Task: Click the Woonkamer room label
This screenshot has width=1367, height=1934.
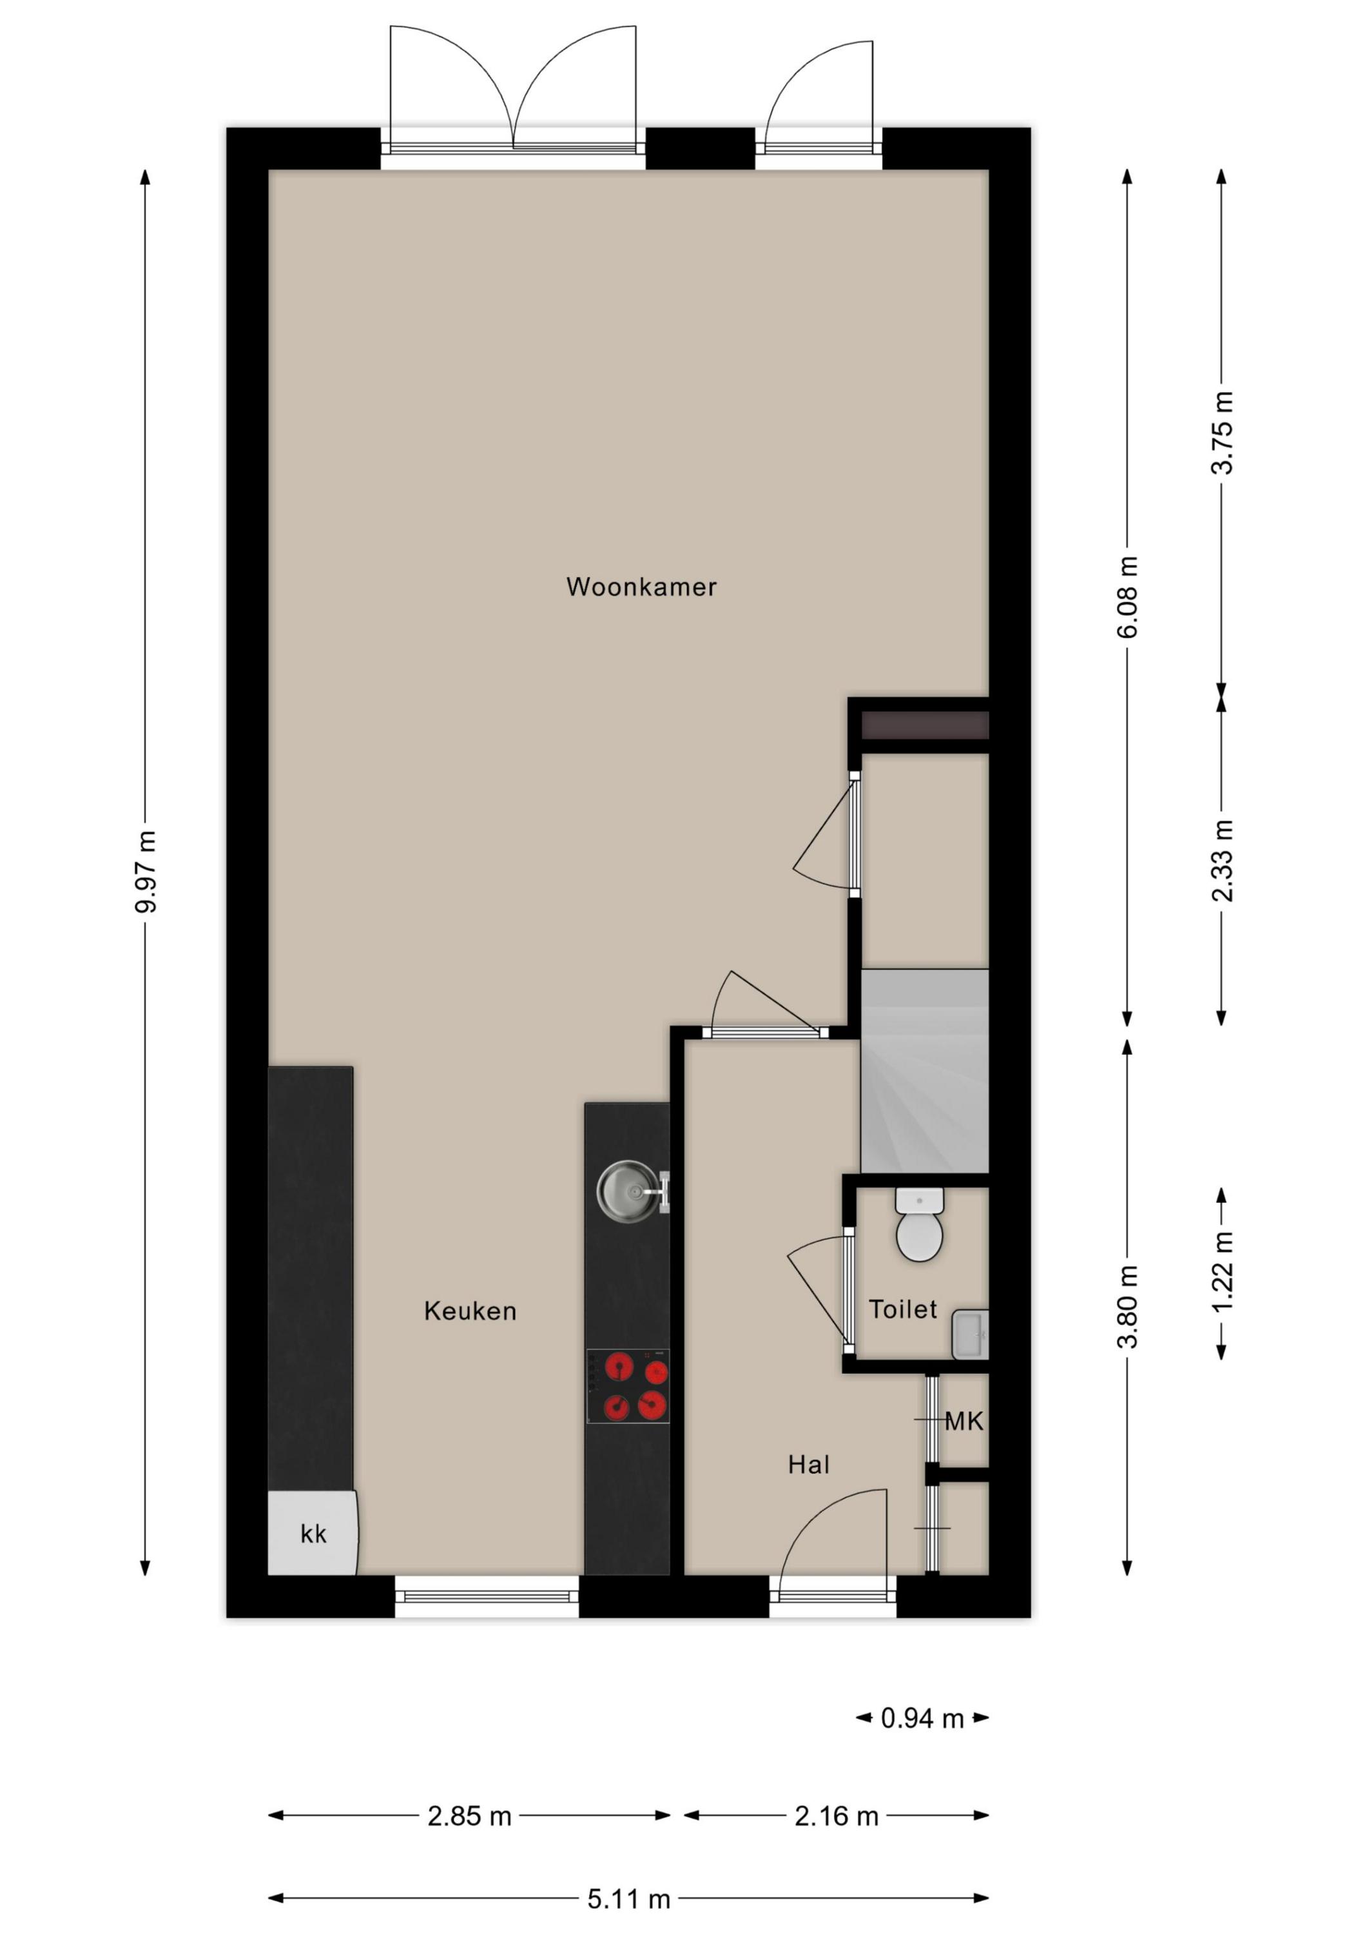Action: (641, 587)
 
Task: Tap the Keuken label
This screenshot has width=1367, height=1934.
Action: (470, 1311)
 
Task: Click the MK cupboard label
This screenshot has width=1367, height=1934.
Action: (964, 1422)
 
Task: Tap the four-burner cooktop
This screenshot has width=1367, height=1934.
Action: (628, 1385)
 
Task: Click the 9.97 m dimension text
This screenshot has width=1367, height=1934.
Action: (146, 872)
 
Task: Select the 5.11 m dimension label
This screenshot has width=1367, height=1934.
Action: (628, 1899)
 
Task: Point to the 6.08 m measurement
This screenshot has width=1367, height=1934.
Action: (1128, 596)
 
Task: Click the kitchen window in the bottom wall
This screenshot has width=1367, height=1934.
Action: (487, 1597)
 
